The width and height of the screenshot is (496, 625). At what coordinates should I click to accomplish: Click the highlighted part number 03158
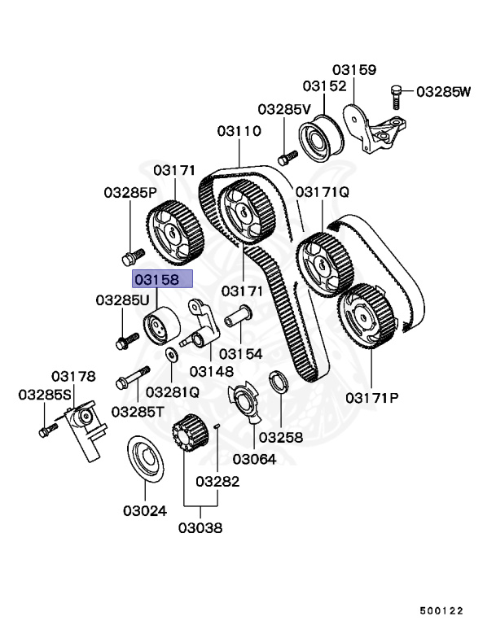coord(162,280)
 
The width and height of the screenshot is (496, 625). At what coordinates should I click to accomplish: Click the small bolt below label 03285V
coord(286,155)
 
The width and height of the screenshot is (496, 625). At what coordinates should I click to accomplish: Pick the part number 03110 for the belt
coord(239,131)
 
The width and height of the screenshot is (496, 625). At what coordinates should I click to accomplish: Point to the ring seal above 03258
coord(277,381)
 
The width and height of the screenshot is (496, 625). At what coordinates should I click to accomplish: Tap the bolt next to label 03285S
coord(47,428)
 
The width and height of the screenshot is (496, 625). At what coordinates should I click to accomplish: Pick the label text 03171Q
coord(322,192)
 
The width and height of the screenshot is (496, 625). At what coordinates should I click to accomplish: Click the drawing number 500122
coord(442,608)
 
